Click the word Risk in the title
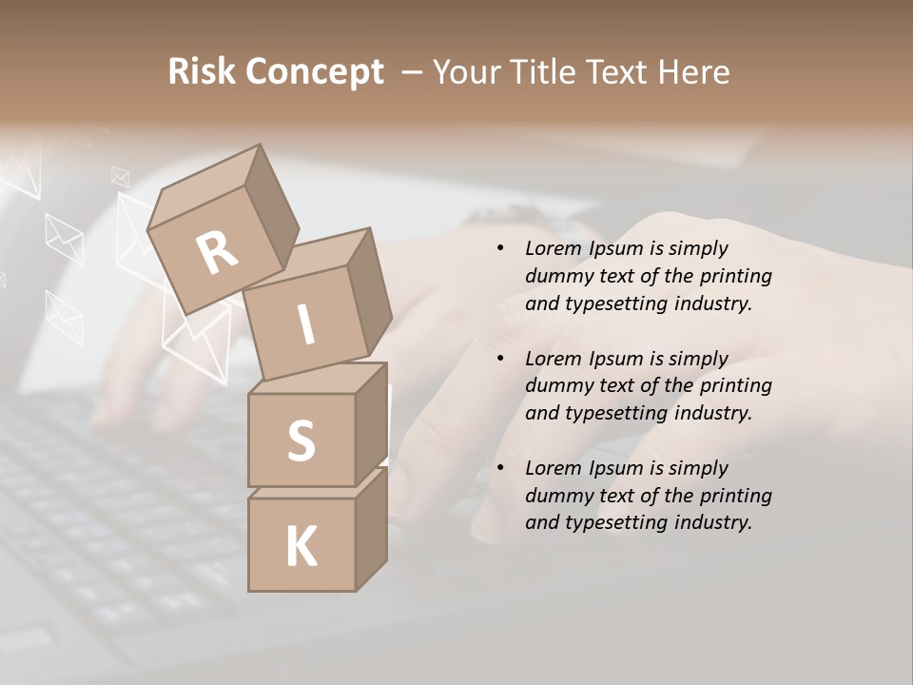[x=201, y=71]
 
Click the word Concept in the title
[x=314, y=73]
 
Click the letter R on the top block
[x=218, y=253]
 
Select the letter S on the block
[x=301, y=441]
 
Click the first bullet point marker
[x=500, y=249]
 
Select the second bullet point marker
[x=500, y=359]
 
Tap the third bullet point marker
[x=500, y=468]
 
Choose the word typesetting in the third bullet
[x=616, y=522]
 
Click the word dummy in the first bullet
[x=556, y=276]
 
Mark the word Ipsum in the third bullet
[x=617, y=468]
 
